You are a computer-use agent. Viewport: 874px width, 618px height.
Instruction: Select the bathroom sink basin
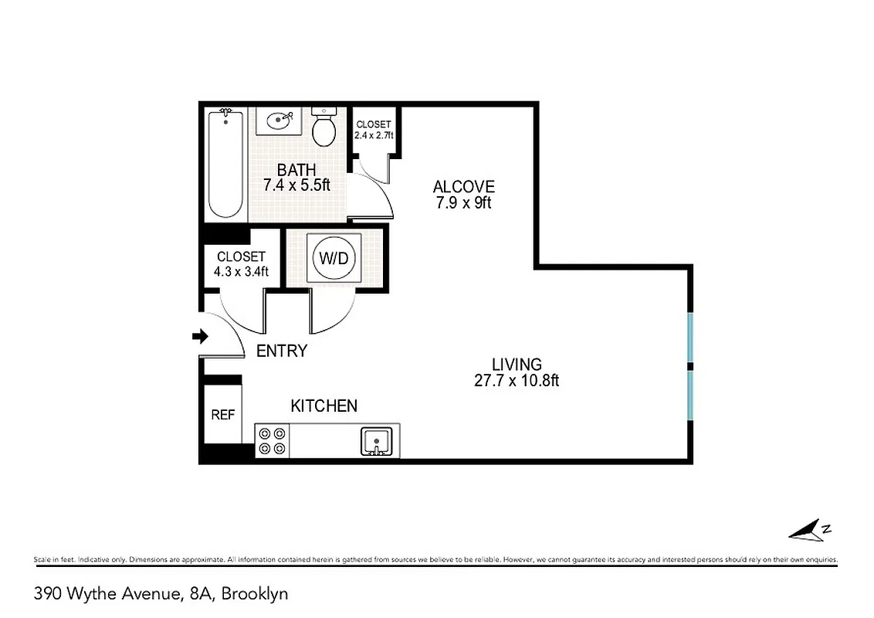tap(279, 121)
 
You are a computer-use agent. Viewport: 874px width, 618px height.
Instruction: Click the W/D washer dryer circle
tap(334, 258)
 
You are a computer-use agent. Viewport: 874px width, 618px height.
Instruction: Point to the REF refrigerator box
tap(222, 416)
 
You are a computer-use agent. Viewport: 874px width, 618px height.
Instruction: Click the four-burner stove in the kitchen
tap(272, 441)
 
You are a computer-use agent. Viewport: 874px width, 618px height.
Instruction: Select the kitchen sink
tap(376, 442)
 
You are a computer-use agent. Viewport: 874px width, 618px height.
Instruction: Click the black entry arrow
tap(200, 336)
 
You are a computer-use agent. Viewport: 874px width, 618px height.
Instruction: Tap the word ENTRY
tap(281, 351)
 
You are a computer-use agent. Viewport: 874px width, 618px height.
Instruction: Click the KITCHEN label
tap(324, 406)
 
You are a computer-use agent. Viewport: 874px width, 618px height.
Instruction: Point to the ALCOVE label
tap(463, 187)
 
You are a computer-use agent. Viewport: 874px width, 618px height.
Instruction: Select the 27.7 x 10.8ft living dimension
tap(517, 380)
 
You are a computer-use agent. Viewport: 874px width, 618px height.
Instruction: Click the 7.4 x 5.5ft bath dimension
tap(296, 186)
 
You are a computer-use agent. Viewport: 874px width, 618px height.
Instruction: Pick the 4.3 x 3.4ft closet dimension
tap(241, 271)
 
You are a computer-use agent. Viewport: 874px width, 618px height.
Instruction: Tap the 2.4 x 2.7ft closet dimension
tap(374, 135)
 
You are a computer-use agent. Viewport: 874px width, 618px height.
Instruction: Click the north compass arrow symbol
tap(808, 531)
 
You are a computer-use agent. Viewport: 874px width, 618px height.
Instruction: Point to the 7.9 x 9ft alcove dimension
tap(463, 203)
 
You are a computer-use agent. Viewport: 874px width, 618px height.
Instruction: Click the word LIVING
tap(517, 364)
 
